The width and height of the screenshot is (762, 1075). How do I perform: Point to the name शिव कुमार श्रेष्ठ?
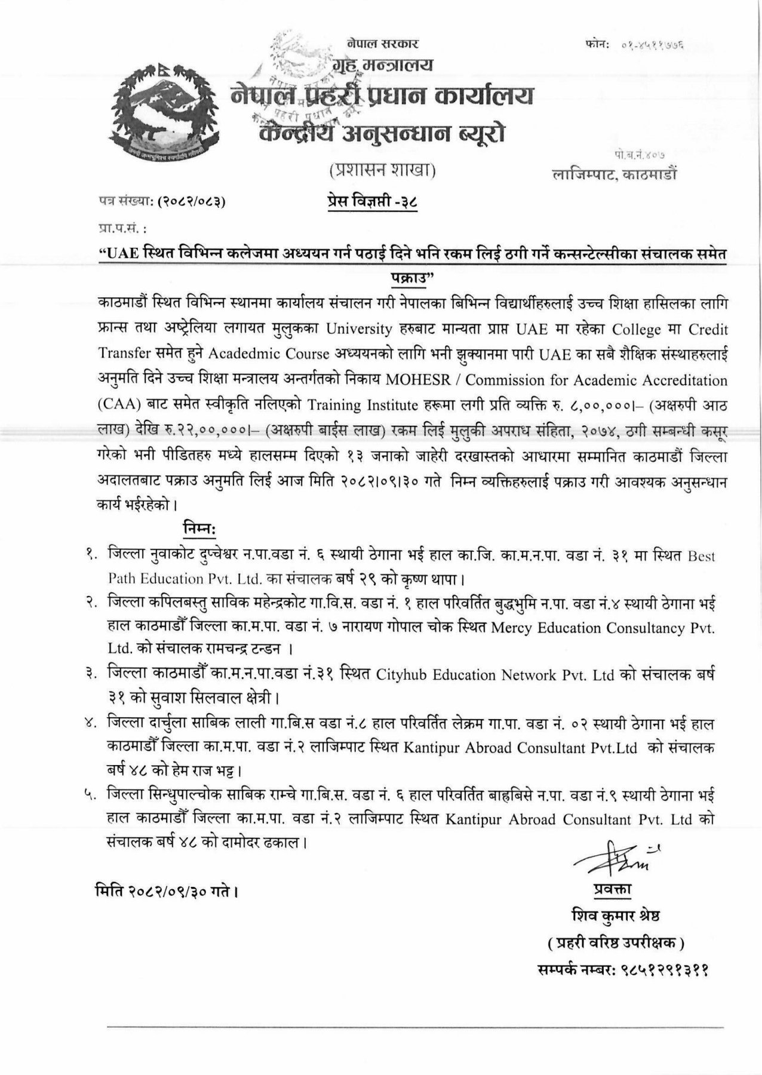616,916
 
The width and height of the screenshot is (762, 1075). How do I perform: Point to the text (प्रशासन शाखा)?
383,171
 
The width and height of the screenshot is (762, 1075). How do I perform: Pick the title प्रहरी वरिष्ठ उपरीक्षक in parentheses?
616,944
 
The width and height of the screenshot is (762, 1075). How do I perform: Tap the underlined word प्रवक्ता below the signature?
613,889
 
